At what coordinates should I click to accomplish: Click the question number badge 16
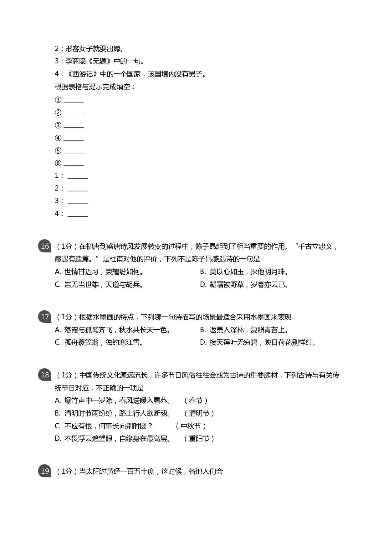click(x=45, y=246)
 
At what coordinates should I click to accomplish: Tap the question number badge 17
click(x=45, y=317)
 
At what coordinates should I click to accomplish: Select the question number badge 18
click(x=45, y=375)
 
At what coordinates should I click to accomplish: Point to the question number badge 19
click(x=45, y=471)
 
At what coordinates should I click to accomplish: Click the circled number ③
click(x=58, y=126)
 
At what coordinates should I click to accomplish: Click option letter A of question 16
click(x=58, y=272)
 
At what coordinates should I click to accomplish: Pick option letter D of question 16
click(x=203, y=285)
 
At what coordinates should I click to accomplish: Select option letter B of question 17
click(x=203, y=330)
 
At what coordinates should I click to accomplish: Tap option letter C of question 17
click(x=58, y=342)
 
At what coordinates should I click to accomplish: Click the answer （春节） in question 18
click(x=196, y=401)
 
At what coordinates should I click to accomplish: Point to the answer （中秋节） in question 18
click(x=191, y=426)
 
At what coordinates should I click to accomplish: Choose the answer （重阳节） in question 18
click(x=199, y=439)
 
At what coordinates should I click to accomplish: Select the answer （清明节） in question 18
click(x=199, y=413)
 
